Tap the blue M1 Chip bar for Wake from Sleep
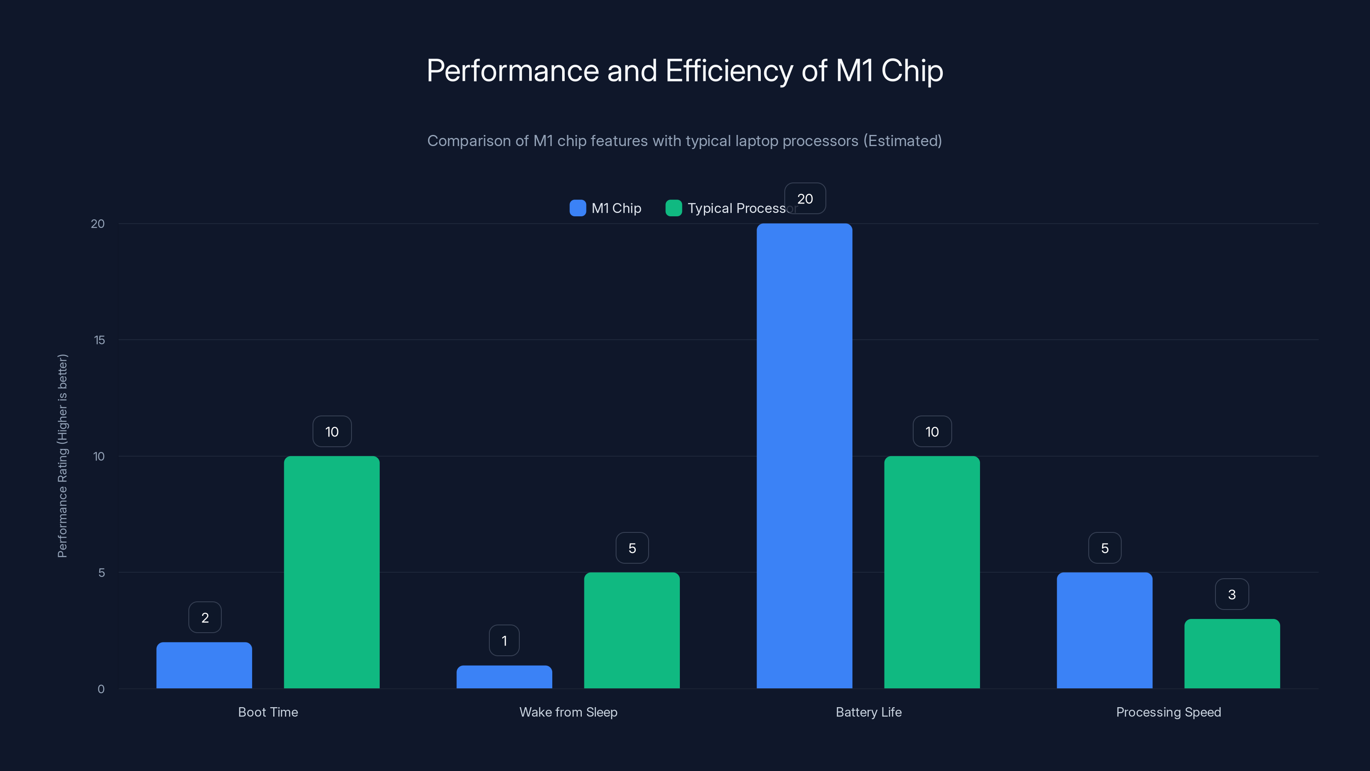coord(504,677)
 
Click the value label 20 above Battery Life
coord(805,198)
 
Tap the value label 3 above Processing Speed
coord(1232,595)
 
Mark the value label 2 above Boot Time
coord(205,617)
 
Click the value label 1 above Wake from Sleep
coord(504,641)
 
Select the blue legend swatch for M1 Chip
coord(578,208)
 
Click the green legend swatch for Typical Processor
coord(673,208)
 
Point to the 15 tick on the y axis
coord(99,340)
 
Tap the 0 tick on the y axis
coord(101,689)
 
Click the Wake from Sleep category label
coord(568,712)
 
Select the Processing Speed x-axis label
coord(1168,712)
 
